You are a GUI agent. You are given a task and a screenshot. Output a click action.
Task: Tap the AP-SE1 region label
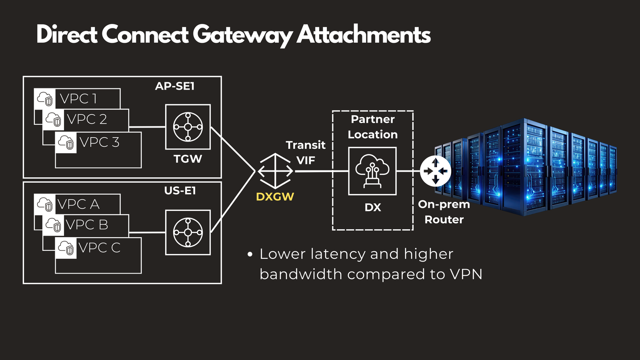175,86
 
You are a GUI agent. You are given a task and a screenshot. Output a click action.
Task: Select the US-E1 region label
180,191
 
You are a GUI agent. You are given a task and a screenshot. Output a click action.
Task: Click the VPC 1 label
78,99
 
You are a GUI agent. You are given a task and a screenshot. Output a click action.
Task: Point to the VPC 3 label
100,142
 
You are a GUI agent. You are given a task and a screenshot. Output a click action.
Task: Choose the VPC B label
87,225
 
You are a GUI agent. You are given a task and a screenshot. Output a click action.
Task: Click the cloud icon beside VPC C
66,248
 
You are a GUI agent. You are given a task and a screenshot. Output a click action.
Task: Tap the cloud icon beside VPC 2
53,119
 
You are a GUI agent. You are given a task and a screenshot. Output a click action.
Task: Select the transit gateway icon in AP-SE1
188,127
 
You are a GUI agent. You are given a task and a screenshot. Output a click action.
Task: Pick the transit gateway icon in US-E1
188,232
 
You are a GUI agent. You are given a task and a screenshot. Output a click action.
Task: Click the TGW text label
188,159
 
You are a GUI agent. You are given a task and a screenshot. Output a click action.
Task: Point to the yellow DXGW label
275,197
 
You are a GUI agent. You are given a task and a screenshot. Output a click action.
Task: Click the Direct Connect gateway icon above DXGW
276,171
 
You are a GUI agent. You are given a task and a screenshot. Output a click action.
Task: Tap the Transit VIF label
306,152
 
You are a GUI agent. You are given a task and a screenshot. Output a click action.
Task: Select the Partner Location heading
373,127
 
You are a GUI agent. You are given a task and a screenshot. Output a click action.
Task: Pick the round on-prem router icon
436,171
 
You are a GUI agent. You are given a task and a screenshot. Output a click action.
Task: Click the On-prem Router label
444,212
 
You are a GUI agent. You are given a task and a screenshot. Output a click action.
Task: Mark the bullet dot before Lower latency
250,254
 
